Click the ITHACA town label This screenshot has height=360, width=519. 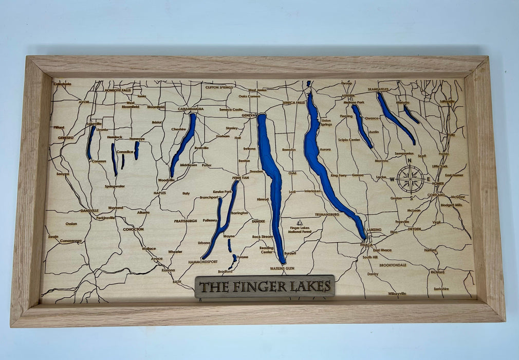click(366, 245)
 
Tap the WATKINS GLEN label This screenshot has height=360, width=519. click(282, 268)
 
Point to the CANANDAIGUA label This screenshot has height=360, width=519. click(191, 109)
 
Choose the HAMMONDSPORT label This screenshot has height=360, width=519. click(203, 261)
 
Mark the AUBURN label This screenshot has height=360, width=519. click(348, 96)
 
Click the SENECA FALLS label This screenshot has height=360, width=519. click(294, 102)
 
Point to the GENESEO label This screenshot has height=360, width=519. click(66, 138)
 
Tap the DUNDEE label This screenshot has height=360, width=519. click(258, 221)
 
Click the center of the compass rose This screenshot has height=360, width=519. click(410, 179)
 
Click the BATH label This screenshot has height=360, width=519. click(177, 282)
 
